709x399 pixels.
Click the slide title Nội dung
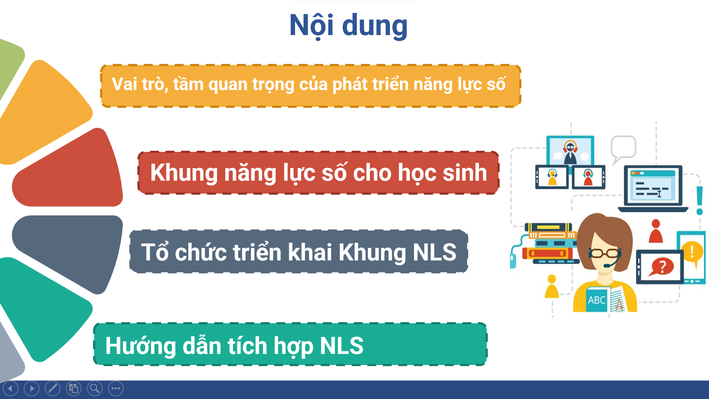[348, 25]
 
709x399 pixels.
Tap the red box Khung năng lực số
[318, 173]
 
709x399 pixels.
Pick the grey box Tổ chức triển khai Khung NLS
[299, 251]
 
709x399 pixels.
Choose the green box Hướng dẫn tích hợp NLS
[290, 344]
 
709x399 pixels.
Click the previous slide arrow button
[10, 388]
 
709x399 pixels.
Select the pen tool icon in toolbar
[52, 388]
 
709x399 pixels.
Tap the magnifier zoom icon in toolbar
[95, 388]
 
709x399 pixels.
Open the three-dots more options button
[116, 388]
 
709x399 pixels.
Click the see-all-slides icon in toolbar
[73, 388]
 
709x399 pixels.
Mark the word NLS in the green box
[342, 346]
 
